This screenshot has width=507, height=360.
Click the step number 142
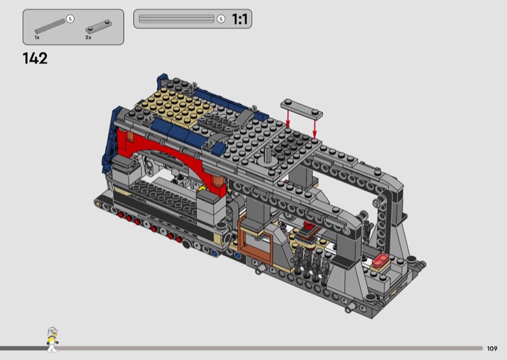coord(35,58)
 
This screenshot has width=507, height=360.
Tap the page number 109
coord(492,349)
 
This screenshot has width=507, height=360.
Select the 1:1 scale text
coord(240,19)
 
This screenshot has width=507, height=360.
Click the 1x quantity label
coord(37,37)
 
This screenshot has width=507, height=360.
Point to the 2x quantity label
coord(88,37)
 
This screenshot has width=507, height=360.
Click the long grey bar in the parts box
coord(50,26)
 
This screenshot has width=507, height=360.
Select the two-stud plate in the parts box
coord(99,27)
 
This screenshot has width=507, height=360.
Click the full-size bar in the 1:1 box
coord(177,19)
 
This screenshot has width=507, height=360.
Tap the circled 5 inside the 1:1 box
coord(221,19)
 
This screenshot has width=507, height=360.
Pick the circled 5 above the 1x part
coord(70,19)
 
